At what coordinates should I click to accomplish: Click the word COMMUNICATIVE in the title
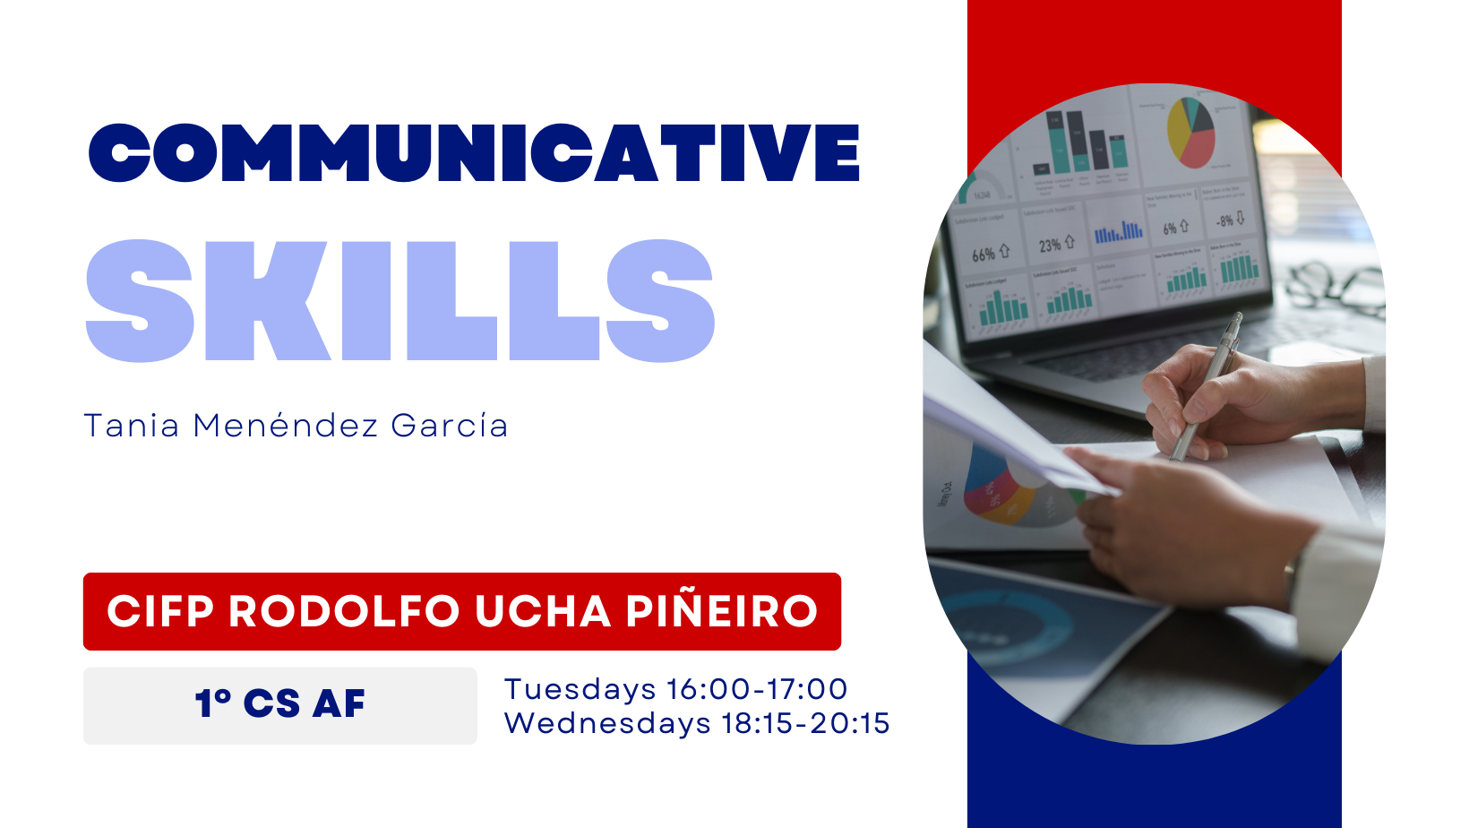(x=474, y=152)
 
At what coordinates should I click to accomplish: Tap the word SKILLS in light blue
(x=400, y=300)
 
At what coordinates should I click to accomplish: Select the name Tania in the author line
(x=131, y=426)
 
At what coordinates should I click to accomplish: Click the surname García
(x=450, y=426)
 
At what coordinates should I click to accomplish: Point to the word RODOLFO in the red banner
(x=344, y=611)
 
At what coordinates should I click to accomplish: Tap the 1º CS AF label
(x=280, y=704)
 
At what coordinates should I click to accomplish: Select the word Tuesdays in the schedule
(x=580, y=690)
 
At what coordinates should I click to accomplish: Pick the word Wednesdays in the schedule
(x=607, y=724)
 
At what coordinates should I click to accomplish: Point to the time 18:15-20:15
(x=806, y=724)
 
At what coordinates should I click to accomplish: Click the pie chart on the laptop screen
(x=1191, y=133)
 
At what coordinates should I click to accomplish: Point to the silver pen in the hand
(x=1207, y=386)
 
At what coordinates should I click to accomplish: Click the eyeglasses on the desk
(x=1335, y=286)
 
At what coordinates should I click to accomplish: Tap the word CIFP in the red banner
(x=160, y=611)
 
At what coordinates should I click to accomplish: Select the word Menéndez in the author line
(x=285, y=426)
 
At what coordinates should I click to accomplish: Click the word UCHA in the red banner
(x=543, y=611)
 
